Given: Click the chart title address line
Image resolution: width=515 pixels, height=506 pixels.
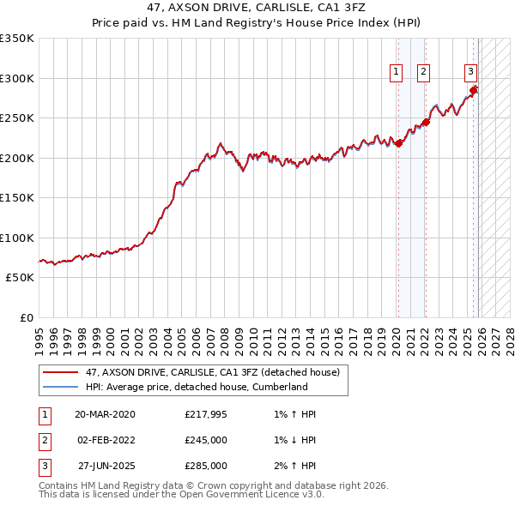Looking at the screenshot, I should [257, 7].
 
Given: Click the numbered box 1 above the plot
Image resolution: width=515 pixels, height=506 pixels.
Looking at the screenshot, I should [397, 73].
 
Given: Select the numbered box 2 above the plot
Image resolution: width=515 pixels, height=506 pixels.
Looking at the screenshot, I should [424, 73].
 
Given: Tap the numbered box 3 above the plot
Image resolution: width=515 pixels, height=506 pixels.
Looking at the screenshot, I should [471, 73].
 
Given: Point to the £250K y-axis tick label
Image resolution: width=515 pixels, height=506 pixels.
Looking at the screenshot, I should [17, 118].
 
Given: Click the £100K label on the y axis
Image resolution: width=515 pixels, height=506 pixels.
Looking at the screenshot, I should [17, 238].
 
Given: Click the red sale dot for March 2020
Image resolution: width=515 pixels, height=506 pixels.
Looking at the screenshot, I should [399, 144].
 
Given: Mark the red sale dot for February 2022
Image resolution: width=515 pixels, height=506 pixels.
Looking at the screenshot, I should [426, 123].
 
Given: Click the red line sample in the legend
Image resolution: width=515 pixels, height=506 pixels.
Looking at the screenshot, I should [60, 372].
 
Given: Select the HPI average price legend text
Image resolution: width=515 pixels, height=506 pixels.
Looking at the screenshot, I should [197, 387].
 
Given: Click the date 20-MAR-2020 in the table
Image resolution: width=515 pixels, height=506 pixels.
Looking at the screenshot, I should [105, 414].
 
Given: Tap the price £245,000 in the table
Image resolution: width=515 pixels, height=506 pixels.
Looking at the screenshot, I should [206, 440].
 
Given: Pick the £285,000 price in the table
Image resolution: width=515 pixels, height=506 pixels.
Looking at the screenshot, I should [206, 466].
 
